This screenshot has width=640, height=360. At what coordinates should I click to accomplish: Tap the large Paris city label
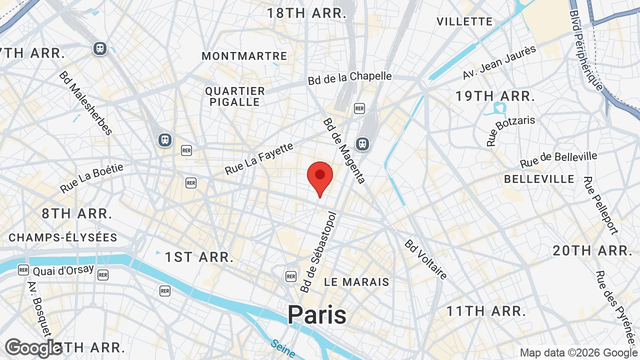point(317,315)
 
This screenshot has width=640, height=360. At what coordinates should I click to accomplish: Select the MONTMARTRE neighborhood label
point(244,56)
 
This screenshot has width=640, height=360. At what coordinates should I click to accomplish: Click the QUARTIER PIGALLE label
point(235,96)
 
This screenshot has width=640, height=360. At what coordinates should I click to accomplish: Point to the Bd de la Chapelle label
point(349,77)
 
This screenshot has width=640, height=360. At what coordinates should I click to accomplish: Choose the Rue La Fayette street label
point(259,159)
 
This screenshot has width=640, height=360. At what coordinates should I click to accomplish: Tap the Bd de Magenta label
point(344,150)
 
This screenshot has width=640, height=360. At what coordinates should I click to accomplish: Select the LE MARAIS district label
point(356,282)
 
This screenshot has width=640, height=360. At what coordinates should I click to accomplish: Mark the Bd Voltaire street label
point(426,260)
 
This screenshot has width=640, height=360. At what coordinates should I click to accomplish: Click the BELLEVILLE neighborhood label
point(539,179)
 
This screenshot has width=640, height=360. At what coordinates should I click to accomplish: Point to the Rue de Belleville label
point(558,160)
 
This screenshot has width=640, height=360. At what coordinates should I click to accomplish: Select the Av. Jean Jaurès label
point(499,62)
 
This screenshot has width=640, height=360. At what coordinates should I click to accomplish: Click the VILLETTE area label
point(464,21)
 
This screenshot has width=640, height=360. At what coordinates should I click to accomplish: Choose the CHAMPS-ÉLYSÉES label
point(63,237)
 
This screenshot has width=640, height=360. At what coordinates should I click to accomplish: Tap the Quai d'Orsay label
point(63,270)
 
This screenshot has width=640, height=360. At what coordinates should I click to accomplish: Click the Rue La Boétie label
point(91,178)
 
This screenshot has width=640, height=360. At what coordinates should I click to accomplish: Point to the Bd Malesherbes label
point(85,103)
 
